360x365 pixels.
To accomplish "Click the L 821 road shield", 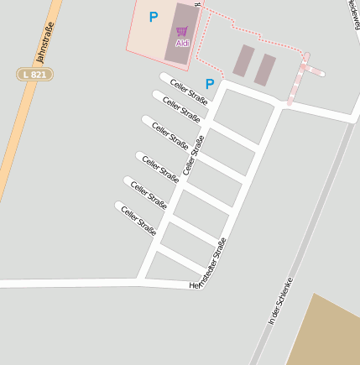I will pos(35,75).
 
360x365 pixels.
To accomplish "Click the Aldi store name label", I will pos(182,43).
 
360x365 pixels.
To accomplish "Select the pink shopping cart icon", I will pos(181,32).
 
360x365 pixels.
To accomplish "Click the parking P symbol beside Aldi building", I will pos(153,16).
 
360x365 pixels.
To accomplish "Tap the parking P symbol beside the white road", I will pos(210,83).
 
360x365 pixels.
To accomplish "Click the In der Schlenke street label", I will pos(279,300).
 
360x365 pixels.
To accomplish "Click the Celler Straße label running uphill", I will pos(194,153).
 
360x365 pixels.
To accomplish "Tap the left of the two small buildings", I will pos(243,61).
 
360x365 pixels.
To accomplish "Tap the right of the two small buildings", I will pos(265,70).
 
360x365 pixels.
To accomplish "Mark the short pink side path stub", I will pos(316,71).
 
